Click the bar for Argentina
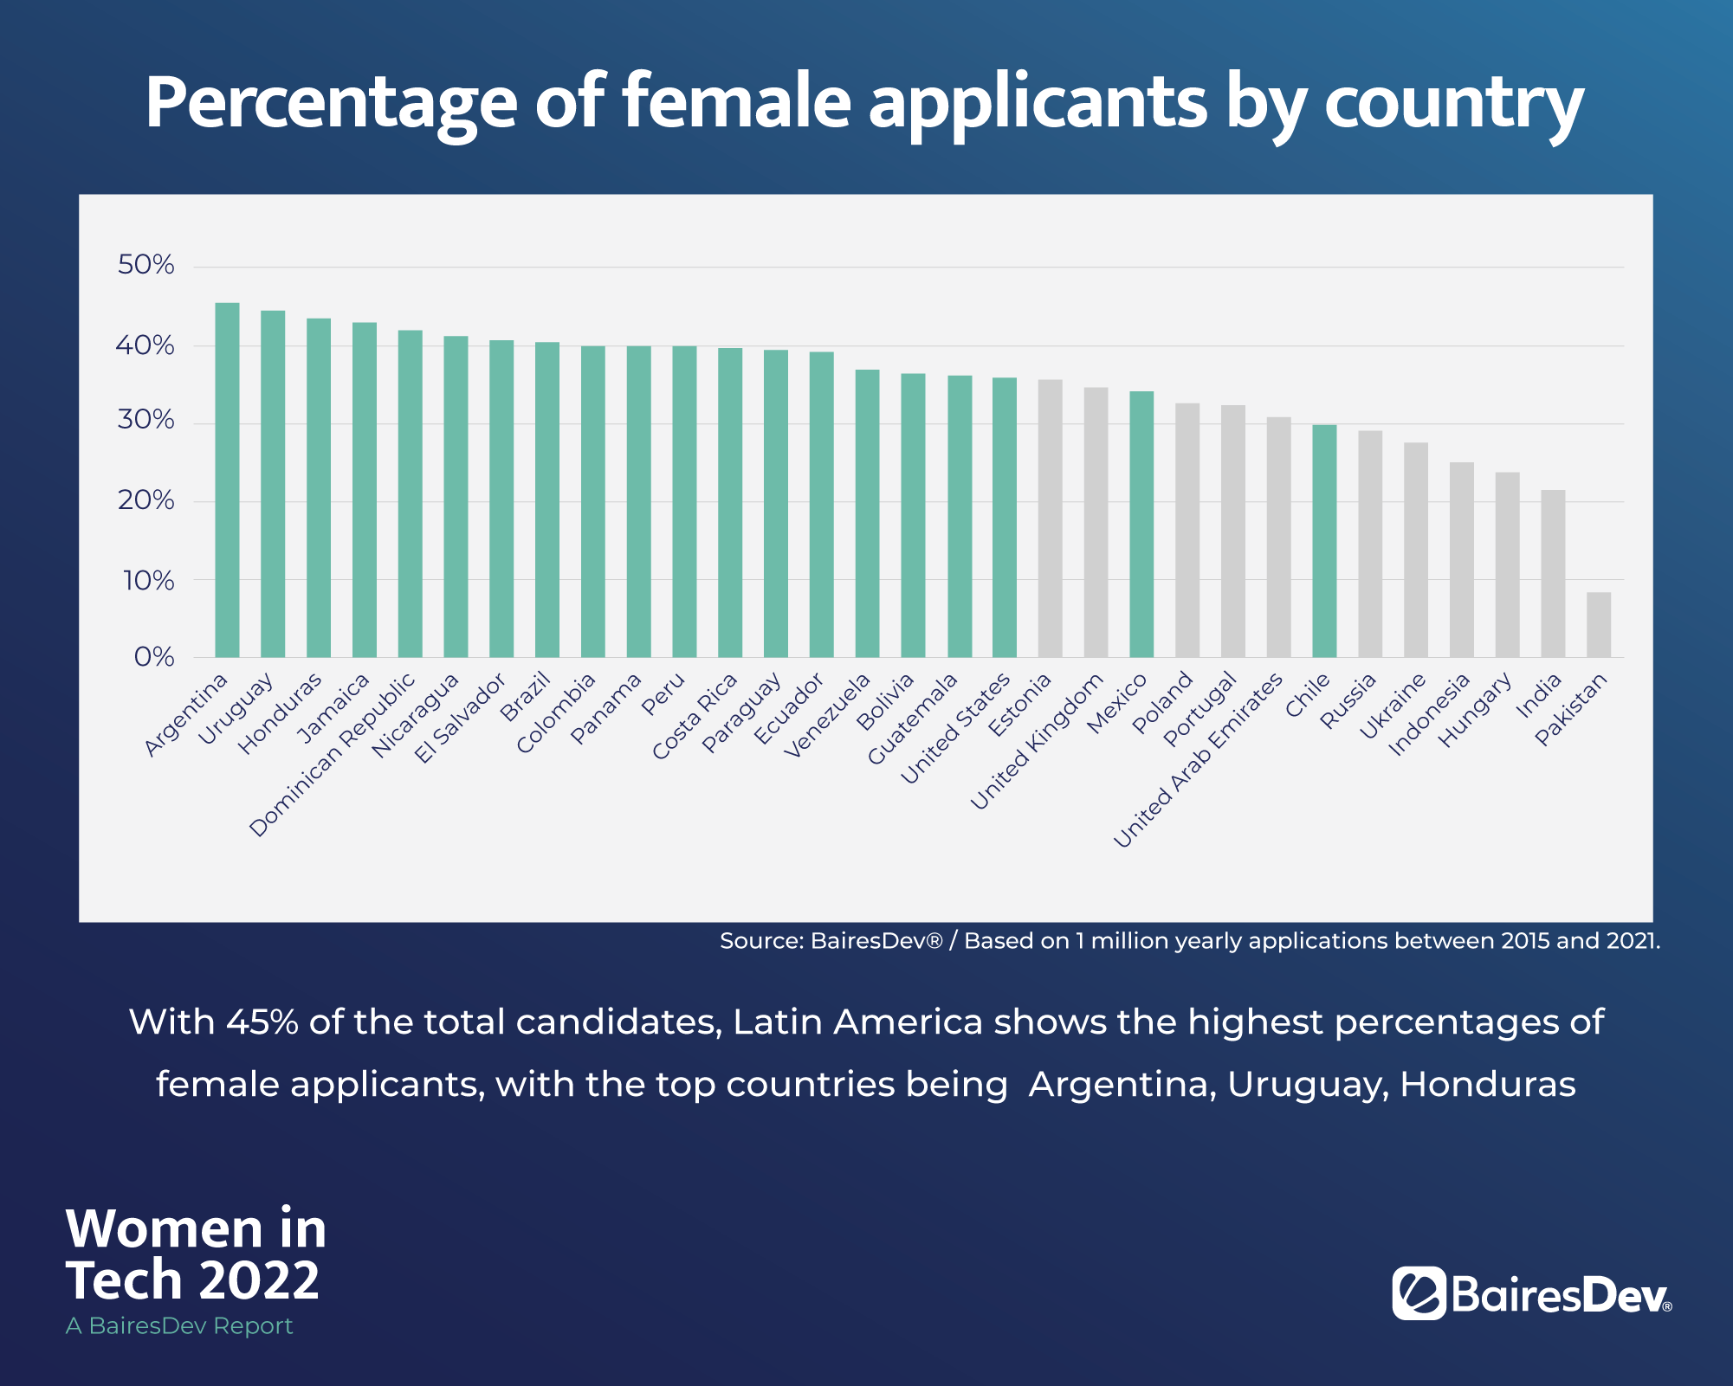click(x=227, y=480)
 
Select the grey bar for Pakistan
click(x=1598, y=624)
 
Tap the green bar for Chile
click(x=1324, y=541)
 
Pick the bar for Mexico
click(x=1141, y=524)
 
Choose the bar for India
click(x=1553, y=573)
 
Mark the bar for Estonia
click(x=1050, y=518)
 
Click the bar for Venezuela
click(x=867, y=513)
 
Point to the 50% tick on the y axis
click(x=145, y=265)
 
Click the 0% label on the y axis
click(x=154, y=657)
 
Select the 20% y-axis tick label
click(x=145, y=500)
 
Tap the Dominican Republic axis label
click(x=333, y=756)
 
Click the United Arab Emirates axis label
click(x=1198, y=761)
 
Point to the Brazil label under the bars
click(x=526, y=698)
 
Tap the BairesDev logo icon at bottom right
click(x=1419, y=1293)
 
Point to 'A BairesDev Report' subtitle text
click(x=179, y=1325)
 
